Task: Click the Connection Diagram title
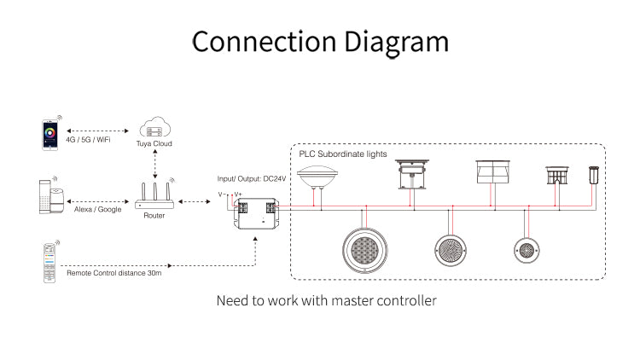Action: (320, 42)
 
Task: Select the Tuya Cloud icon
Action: (154, 129)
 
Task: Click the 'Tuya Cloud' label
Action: (154, 144)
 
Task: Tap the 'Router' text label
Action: (154, 216)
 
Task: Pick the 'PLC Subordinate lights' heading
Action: (343, 154)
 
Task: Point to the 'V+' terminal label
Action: (237, 195)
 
